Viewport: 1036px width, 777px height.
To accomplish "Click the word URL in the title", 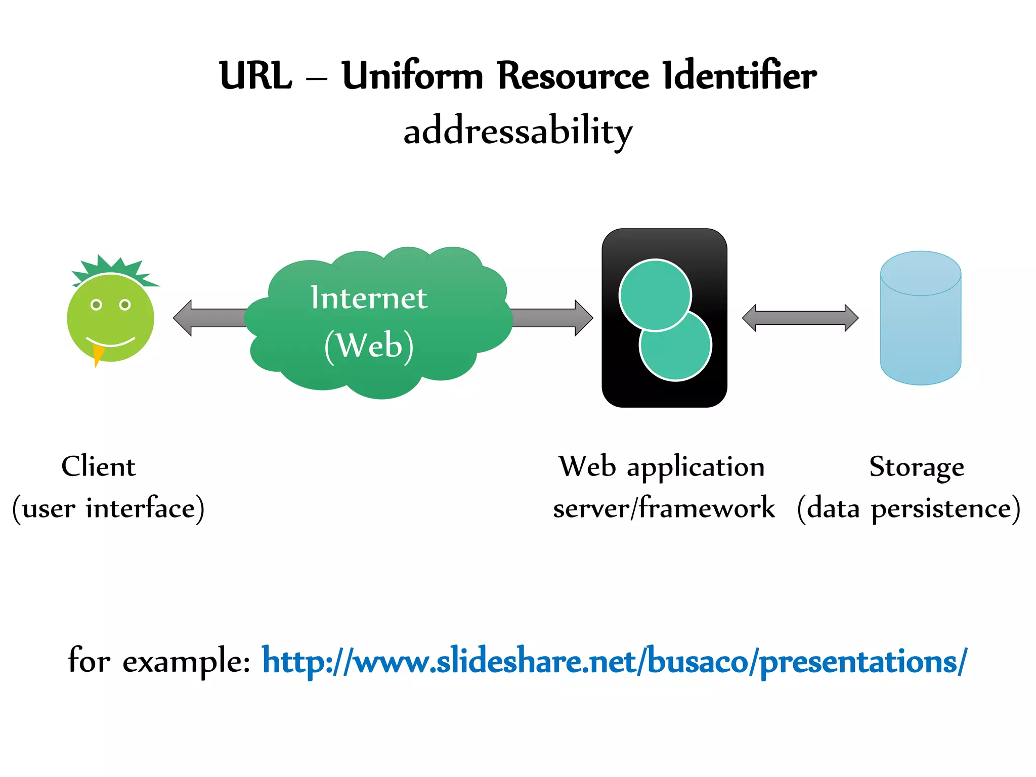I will (256, 76).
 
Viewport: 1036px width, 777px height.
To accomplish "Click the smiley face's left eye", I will (96, 305).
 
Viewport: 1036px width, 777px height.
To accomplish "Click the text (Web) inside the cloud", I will (369, 346).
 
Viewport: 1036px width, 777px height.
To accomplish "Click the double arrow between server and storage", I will (800, 318).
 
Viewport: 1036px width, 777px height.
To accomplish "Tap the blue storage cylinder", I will (920, 329).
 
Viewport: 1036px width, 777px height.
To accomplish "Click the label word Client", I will (99, 466).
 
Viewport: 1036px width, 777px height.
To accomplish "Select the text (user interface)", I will (108, 508).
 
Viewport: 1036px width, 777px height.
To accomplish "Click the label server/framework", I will (664, 508).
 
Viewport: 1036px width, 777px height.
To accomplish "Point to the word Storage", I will (917, 467).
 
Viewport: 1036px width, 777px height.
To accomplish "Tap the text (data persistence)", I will (909, 508).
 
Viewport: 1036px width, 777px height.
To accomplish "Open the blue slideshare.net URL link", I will (614, 661).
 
